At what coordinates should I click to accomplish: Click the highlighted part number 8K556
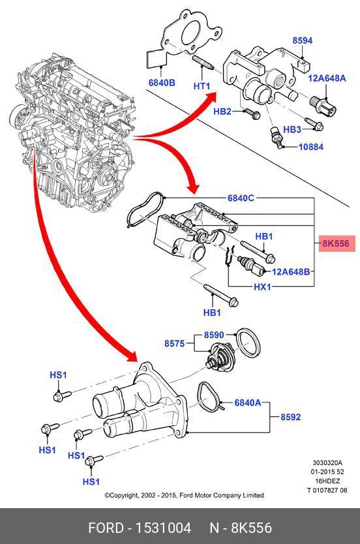[x=336, y=243]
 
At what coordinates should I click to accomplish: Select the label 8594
[x=303, y=40]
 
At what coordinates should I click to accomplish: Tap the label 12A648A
[x=327, y=78]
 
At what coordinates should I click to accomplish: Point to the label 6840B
[x=162, y=83]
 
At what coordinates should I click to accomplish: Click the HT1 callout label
[x=202, y=85]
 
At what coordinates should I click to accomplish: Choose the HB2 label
[x=222, y=111]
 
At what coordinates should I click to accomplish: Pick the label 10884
[x=310, y=147]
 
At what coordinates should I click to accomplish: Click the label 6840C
[x=241, y=198]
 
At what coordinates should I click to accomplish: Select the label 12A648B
[x=291, y=271]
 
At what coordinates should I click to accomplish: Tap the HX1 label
[x=262, y=287]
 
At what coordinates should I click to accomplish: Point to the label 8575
[x=174, y=344]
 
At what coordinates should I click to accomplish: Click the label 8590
[x=214, y=335]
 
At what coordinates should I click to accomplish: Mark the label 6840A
[x=248, y=402]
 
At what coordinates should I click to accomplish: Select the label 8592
[x=291, y=417]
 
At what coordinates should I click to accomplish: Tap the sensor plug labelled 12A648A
[x=323, y=106]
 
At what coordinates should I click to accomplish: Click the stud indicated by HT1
[x=203, y=63]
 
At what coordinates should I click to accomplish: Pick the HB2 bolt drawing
[x=252, y=113]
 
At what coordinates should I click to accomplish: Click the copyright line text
[x=184, y=495]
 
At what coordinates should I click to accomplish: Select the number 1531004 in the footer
[x=163, y=528]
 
